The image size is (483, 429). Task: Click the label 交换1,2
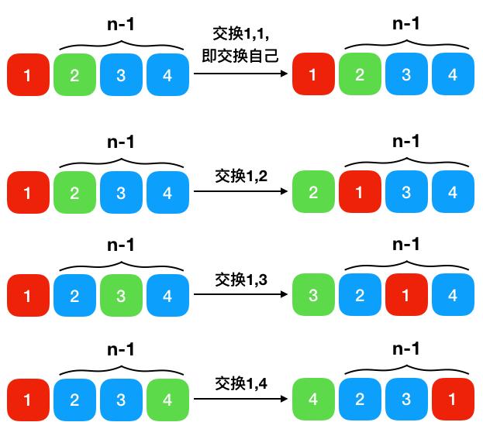pyautogui.click(x=241, y=176)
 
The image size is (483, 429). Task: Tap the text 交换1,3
pyautogui.click(x=241, y=280)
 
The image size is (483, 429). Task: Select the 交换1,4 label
pyautogui.click(x=241, y=383)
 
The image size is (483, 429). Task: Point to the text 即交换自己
pyautogui.click(x=240, y=56)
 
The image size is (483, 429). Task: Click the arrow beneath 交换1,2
pyautogui.click(x=240, y=191)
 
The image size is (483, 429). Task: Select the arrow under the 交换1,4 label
pyautogui.click(x=240, y=399)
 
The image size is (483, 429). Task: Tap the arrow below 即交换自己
pyautogui.click(x=240, y=74)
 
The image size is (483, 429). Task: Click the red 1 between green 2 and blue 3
pyautogui.click(x=360, y=191)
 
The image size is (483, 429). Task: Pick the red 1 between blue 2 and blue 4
pyautogui.click(x=406, y=294)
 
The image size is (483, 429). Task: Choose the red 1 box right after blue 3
pyautogui.click(x=453, y=399)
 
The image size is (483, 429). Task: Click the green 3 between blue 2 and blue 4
pyautogui.click(x=121, y=296)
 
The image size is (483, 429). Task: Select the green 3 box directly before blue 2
pyautogui.click(x=313, y=294)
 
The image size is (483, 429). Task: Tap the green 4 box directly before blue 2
pyautogui.click(x=313, y=399)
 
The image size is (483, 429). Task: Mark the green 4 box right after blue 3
pyautogui.click(x=167, y=400)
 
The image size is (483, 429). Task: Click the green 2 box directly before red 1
pyautogui.click(x=313, y=191)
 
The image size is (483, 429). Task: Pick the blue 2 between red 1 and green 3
pyautogui.click(x=74, y=296)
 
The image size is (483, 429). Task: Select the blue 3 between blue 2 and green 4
pyautogui.click(x=121, y=400)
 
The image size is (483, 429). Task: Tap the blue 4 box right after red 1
pyautogui.click(x=453, y=294)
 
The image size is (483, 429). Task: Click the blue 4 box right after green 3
pyautogui.click(x=167, y=296)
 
